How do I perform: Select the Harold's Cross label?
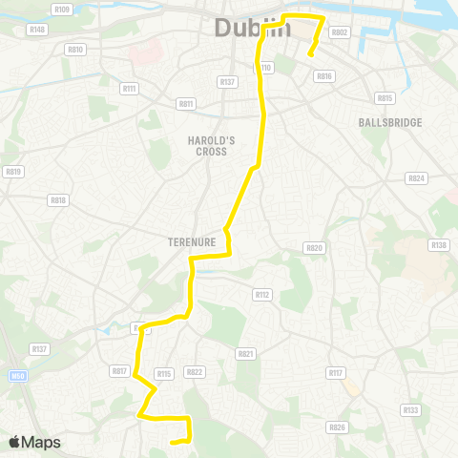[x=211, y=145]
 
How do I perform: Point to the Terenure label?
[x=194, y=242]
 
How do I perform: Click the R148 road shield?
[x=38, y=30]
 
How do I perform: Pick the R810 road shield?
[x=75, y=49]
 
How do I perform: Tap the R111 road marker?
[x=130, y=89]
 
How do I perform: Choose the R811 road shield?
[x=185, y=103]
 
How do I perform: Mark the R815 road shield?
[x=385, y=97]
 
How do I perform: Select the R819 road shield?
[x=12, y=172]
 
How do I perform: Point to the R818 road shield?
[x=58, y=200]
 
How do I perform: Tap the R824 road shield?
[x=416, y=178]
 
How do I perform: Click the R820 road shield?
[x=314, y=247]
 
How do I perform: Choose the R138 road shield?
[x=438, y=245]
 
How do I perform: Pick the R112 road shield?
[x=263, y=295]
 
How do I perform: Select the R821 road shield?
[x=246, y=353]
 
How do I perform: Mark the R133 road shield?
[x=410, y=410]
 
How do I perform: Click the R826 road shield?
[x=336, y=427]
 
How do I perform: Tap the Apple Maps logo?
[x=34, y=442]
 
